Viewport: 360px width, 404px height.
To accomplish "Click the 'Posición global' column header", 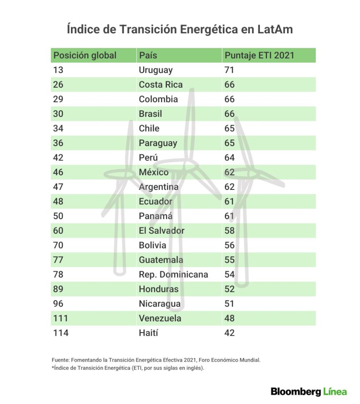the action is point(85,55).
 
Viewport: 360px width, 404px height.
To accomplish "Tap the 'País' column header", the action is point(148,55).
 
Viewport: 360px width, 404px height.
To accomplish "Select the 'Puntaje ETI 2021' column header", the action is point(259,55).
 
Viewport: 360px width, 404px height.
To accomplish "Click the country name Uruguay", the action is point(156,70).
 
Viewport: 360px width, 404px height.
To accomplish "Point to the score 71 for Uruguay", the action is point(229,70).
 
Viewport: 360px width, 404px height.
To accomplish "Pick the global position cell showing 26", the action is point(58,85).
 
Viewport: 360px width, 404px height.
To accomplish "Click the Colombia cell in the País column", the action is point(158,99).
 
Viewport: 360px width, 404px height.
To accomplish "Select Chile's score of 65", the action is point(229,128).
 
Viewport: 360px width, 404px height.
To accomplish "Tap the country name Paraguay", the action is point(158,143).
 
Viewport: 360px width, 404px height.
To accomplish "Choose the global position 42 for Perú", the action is point(58,157).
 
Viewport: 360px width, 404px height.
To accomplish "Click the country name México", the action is point(154,172).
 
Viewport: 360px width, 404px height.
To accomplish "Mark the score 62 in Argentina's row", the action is point(229,187).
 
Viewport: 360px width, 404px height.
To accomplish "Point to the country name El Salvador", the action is point(162,230).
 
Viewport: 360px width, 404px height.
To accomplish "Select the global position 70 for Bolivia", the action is point(58,245).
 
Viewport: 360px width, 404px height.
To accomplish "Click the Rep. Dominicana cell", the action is point(173,275).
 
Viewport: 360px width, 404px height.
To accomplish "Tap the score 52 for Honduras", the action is point(229,289).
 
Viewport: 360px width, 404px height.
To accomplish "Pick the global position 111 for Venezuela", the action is point(60,318).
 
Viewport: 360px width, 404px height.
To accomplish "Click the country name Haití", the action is point(148,333).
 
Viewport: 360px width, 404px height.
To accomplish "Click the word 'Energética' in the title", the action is point(209,30).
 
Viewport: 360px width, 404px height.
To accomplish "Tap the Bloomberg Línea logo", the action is point(309,392).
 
